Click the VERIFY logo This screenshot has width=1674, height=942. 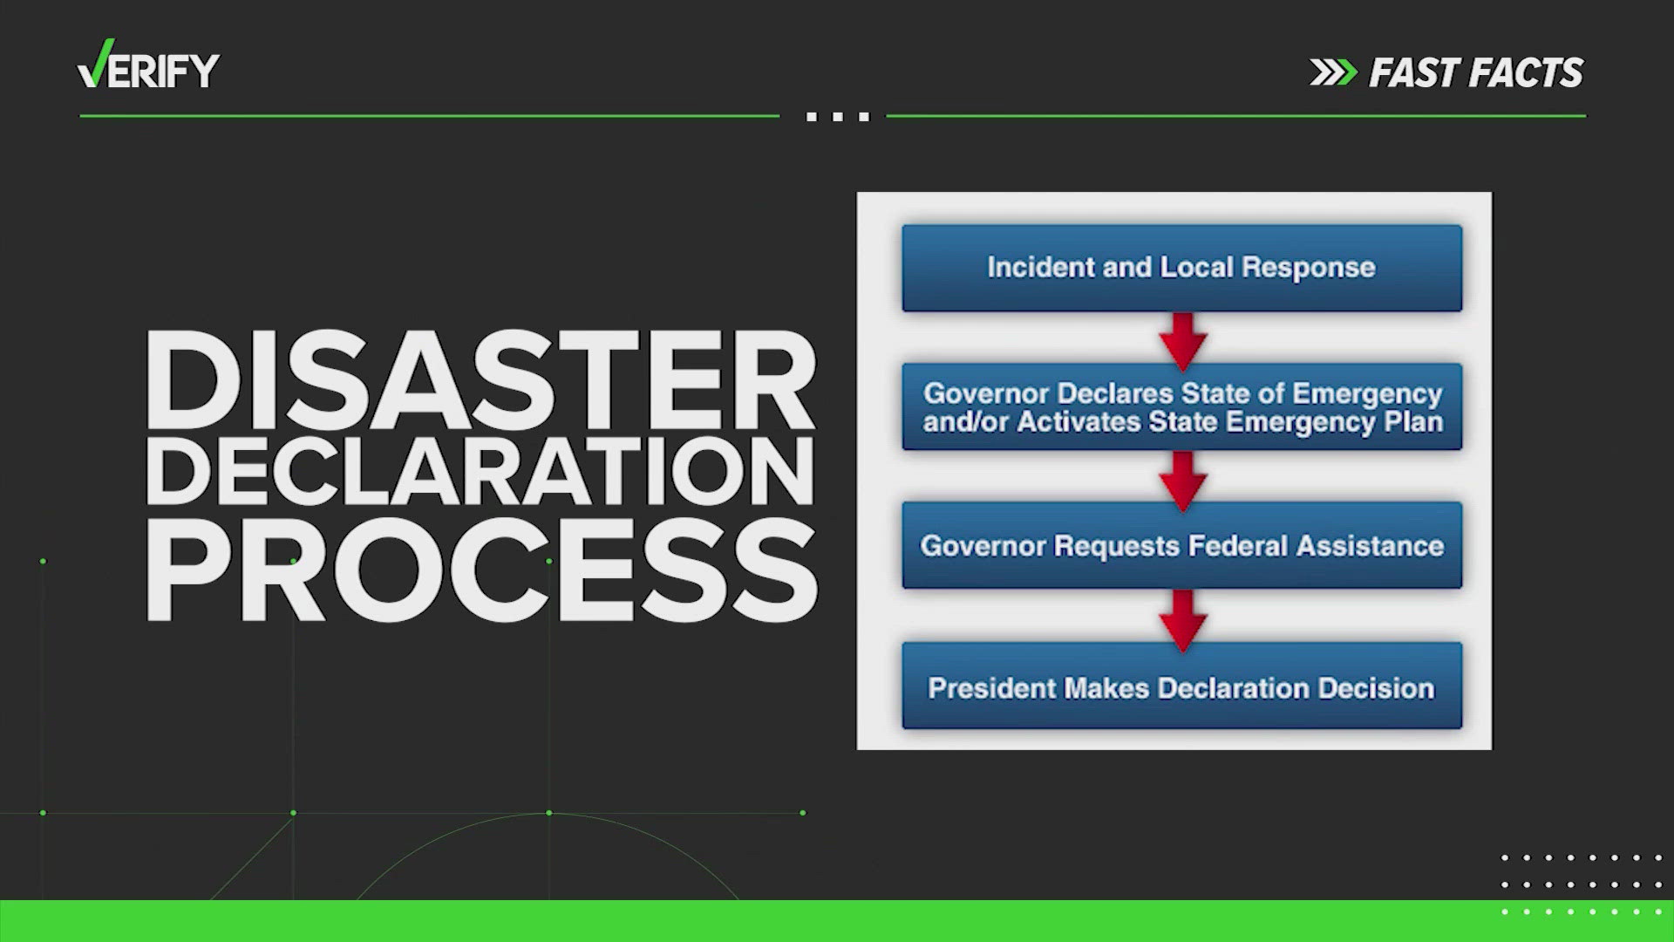tap(148, 65)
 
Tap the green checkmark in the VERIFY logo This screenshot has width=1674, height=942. tap(95, 64)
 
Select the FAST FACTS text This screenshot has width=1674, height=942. tap(1476, 73)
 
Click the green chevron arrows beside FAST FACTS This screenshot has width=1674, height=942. tap(1333, 73)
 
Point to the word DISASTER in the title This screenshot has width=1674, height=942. tap(480, 382)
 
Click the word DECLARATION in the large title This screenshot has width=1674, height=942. tap(480, 472)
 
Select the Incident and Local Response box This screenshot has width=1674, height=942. tap(1181, 268)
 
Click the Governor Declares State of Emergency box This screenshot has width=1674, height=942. tap(1181, 406)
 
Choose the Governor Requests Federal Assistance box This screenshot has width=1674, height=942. tap(1181, 545)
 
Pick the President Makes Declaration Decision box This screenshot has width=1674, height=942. tap(1181, 686)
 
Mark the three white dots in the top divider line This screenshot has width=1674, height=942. tap(838, 116)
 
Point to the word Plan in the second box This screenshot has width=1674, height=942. tap(1414, 422)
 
